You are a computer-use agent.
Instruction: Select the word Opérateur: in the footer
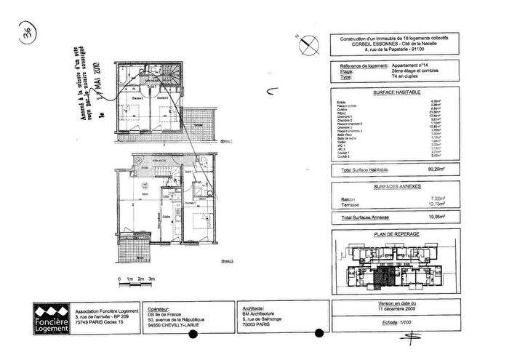coord(161,308)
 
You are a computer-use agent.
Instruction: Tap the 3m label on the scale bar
coord(153,279)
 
